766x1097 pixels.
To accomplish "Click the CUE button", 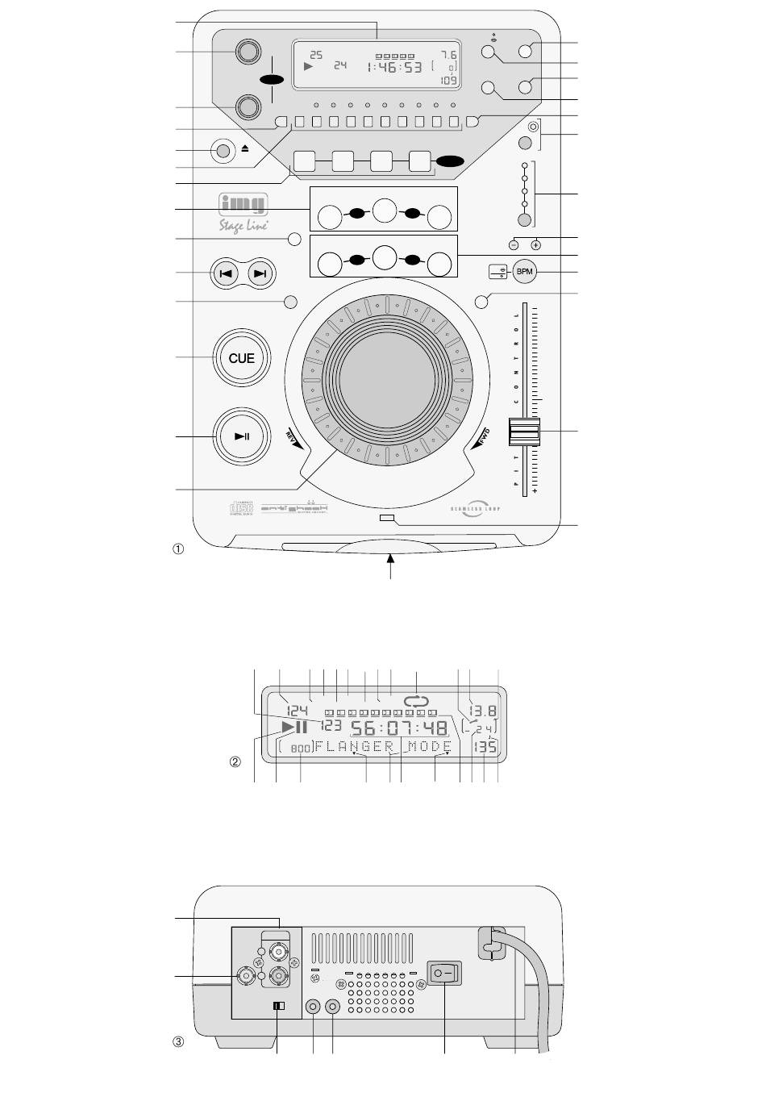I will click(x=241, y=358).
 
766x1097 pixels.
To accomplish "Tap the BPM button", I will click(x=525, y=272).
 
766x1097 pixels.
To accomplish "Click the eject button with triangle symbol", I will click(x=223, y=150).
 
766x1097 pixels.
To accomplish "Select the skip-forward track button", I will click(x=260, y=273).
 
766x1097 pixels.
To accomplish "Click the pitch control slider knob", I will click(x=523, y=432).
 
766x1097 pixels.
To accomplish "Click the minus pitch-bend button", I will click(x=514, y=244).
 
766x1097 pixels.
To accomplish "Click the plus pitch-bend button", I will click(x=535, y=244).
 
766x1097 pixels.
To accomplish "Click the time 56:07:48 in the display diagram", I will click(x=399, y=728).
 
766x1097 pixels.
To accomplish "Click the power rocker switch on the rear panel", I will click(x=444, y=973).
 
